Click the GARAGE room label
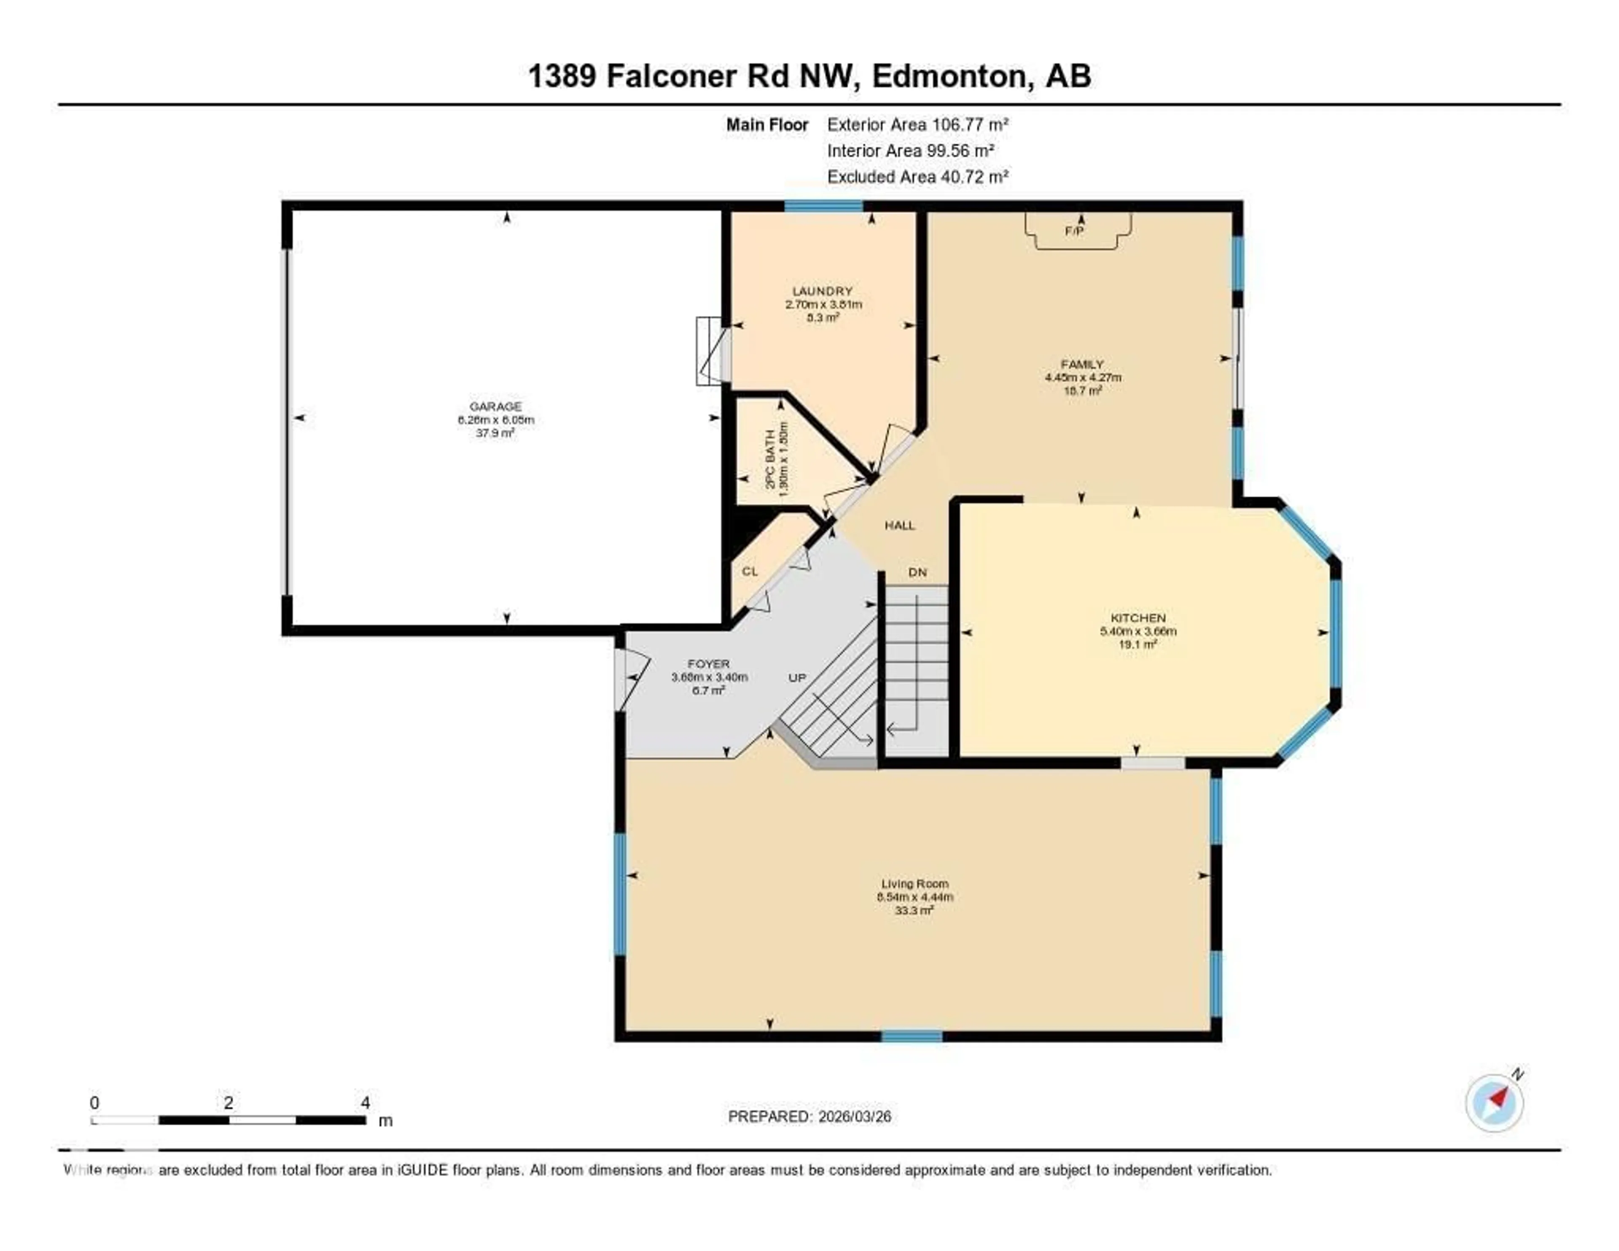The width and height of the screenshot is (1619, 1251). click(x=495, y=406)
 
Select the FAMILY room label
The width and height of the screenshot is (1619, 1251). click(x=1082, y=364)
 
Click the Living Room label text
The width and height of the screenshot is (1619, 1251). click(x=915, y=884)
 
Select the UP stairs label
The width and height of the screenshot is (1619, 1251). click(x=797, y=678)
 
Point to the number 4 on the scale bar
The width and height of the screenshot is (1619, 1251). click(x=365, y=1103)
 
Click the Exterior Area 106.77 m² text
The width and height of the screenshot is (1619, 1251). click(x=918, y=124)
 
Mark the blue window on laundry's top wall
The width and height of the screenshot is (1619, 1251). click(x=823, y=206)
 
